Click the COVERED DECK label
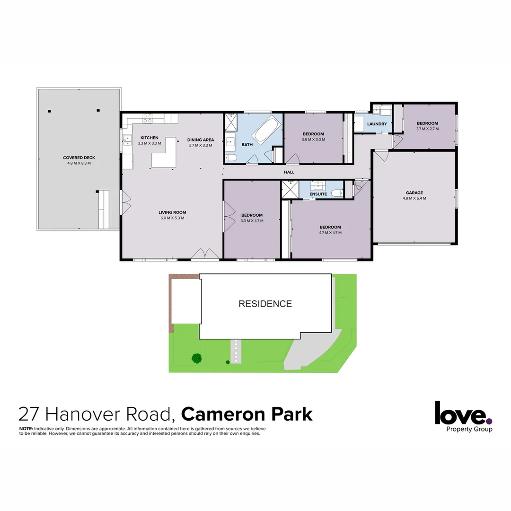click(79, 158)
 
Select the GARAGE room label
click(414, 193)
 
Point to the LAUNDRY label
click(377, 124)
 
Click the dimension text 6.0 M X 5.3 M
click(172, 218)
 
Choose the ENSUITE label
click(318, 194)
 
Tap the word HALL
click(289, 172)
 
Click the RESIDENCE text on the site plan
click(265, 304)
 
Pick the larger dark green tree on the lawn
click(197, 358)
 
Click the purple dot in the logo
click(489, 421)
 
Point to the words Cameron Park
click(247, 414)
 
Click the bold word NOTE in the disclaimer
click(26, 428)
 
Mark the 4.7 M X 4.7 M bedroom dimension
click(330, 233)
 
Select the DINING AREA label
click(201, 140)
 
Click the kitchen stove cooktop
click(148, 118)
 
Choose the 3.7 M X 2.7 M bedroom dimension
click(427, 129)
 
